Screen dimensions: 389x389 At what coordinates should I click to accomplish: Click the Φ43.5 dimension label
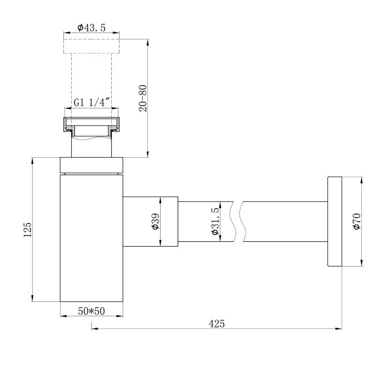(x=91, y=28)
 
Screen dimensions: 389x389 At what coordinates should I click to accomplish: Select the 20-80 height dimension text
(x=143, y=98)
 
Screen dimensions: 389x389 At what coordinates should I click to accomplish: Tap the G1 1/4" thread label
(x=92, y=102)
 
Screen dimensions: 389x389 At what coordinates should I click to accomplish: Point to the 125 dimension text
(x=28, y=230)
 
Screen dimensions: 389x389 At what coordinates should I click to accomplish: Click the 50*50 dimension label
(x=91, y=311)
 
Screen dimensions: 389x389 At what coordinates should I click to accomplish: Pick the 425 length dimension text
(x=217, y=324)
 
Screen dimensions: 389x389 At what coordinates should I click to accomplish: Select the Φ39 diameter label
(x=156, y=221)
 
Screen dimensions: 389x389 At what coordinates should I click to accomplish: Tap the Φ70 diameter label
(x=357, y=221)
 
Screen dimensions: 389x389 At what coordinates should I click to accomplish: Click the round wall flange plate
(x=335, y=222)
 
